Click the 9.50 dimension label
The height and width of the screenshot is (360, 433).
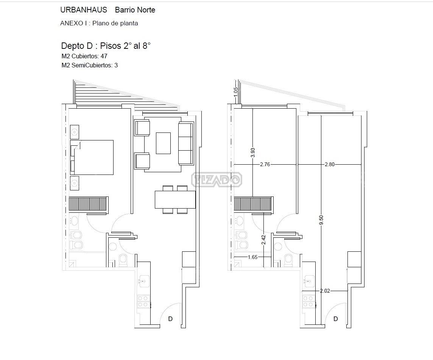(x=321, y=220)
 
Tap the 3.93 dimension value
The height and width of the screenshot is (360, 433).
(x=253, y=153)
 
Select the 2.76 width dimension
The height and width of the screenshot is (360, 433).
(x=265, y=164)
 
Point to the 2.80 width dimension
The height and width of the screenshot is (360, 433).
(x=329, y=164)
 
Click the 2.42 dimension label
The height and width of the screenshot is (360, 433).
(x=263, y=240)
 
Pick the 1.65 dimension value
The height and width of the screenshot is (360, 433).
(x=252, y=257)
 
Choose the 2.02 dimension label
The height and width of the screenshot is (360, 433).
(x=325, y=291)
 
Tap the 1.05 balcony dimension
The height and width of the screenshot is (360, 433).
(x=235, y=92)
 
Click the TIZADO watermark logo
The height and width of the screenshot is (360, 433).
(x=217, y=179)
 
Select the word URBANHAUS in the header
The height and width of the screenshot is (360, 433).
(x=84, y=10)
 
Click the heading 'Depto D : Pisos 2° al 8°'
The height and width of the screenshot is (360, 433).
(x=106, y=45)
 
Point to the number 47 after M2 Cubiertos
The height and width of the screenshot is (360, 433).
(x=104, y=56)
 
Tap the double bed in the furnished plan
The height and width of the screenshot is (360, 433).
(x=92, y=157)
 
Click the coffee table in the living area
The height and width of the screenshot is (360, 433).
(x=163, y=143)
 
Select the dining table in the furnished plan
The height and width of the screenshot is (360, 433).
(x=175, y=199)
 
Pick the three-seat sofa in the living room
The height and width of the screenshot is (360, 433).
(x=185, y=143)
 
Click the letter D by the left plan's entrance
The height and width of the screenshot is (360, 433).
(x=170, y=319)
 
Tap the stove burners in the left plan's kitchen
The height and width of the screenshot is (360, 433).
(x=143, y=301)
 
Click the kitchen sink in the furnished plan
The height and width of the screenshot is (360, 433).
(x=144, y=282)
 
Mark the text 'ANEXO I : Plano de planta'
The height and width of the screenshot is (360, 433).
(x=99, y=23)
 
